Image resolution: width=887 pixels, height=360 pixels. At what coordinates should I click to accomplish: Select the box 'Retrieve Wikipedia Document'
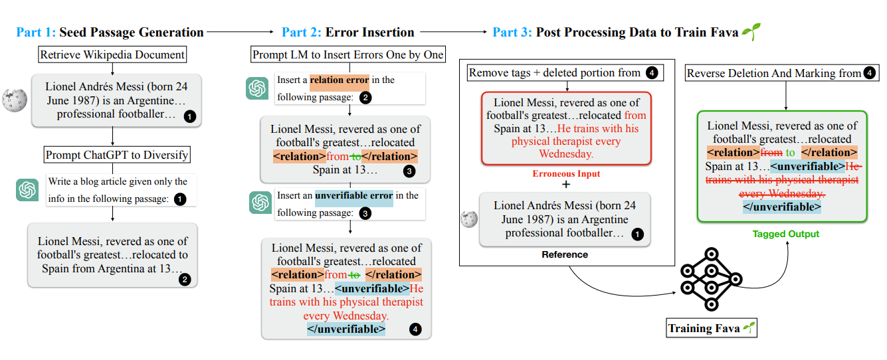(112, 54)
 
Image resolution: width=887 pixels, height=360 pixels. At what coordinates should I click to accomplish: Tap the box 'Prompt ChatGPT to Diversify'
(117, 155)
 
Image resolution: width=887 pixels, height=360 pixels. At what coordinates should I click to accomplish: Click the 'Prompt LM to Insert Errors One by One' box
(347, 54)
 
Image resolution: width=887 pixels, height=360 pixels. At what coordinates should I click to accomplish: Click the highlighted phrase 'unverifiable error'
(353, 196)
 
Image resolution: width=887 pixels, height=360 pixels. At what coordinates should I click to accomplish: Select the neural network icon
(710, 277)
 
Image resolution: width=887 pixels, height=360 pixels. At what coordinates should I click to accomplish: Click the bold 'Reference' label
(564, 254)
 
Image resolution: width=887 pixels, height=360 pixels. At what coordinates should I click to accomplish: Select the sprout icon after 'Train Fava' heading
(751, 31)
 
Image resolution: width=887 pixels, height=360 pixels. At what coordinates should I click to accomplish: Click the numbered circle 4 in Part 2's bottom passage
(415, 329)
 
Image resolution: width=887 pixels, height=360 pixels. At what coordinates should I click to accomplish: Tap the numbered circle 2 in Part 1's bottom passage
(185, 280)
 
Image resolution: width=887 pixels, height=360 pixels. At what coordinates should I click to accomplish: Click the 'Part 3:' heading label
(512, 32)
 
